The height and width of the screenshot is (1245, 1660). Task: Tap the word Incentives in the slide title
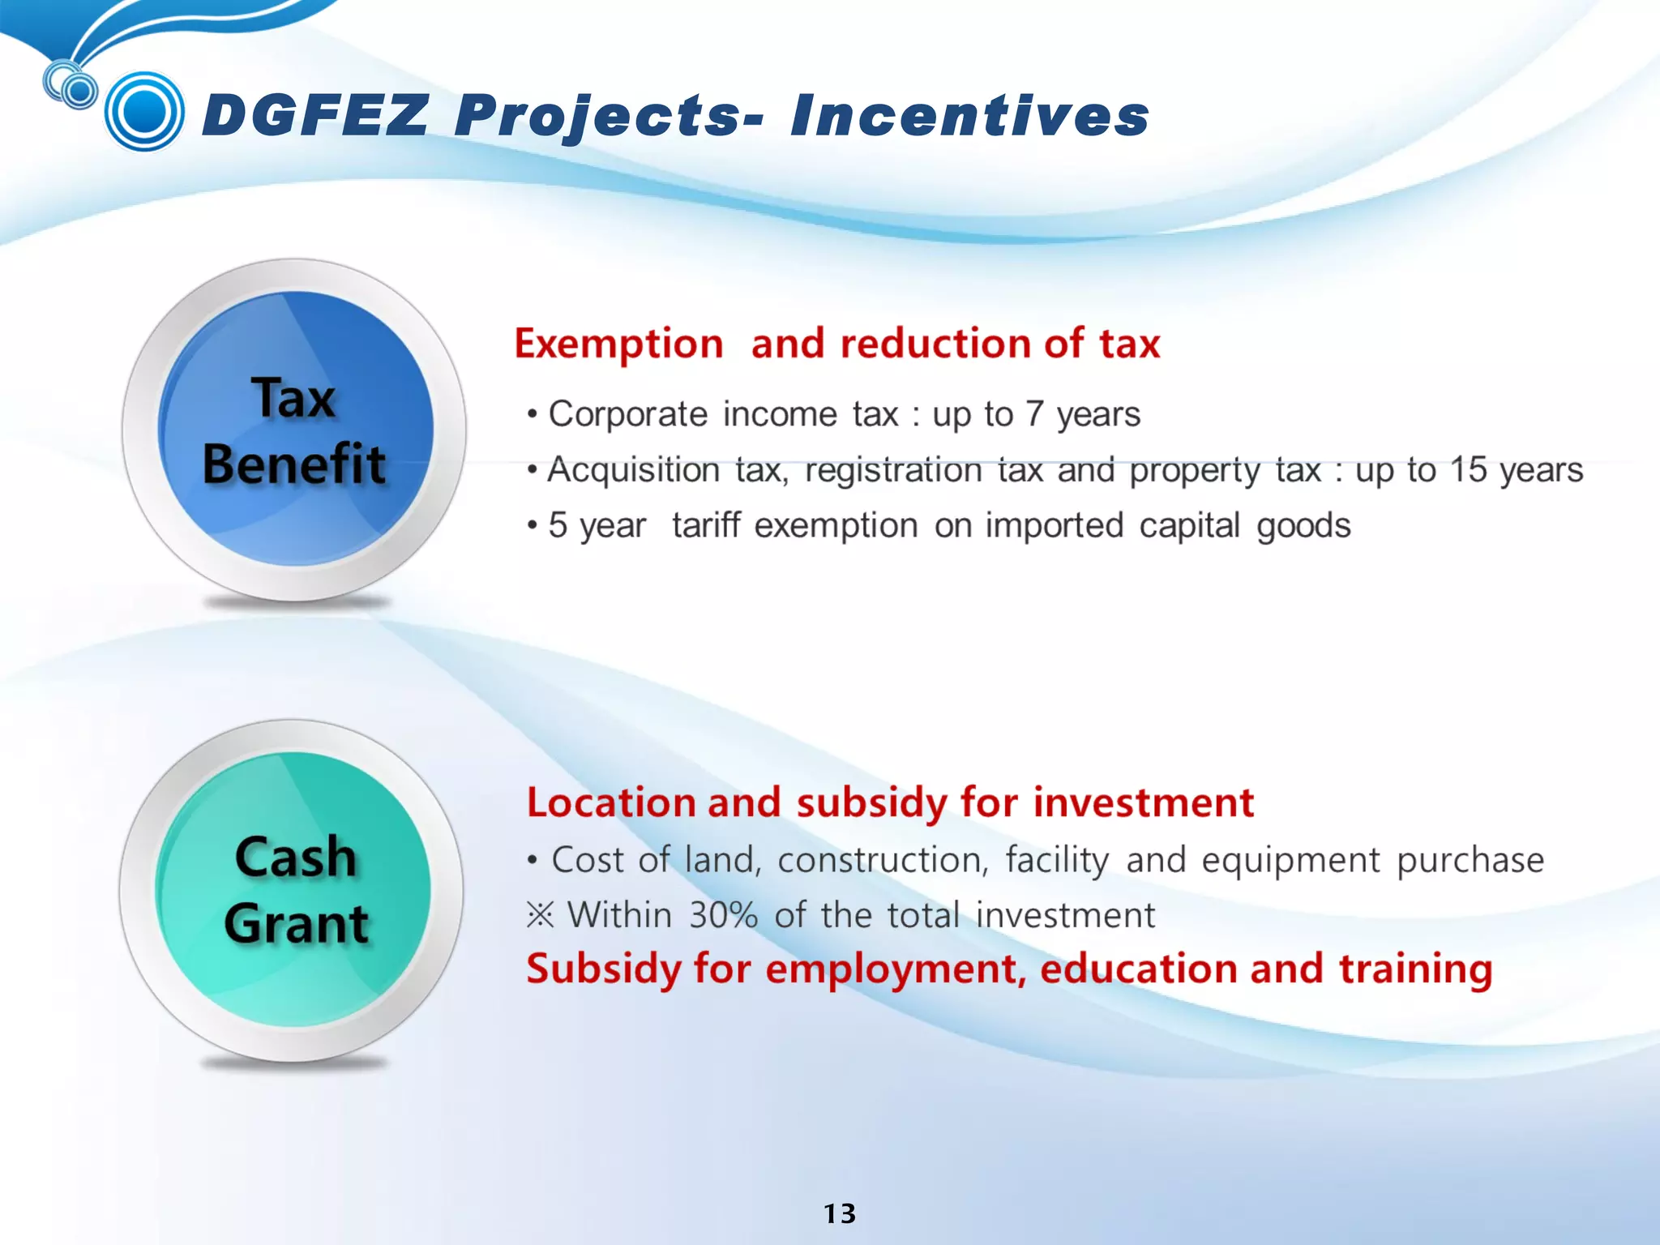click(970, 115)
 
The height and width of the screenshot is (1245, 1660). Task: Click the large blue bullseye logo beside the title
click(144, 111)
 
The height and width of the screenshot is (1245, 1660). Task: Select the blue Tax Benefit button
click(295, 430)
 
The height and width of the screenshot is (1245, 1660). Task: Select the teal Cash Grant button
click(293, 890)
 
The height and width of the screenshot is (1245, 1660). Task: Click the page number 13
click(840, 1213)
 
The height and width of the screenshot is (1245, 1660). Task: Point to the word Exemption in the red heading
click(618, 344)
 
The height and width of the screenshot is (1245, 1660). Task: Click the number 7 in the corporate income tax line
click(1033, 414)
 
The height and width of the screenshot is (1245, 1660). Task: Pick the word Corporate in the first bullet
click(628, 414)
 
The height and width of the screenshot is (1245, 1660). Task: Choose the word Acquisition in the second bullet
click(633, 470)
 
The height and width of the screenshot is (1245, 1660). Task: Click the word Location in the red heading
click(611, 802)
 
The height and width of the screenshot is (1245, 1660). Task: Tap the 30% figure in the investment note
click(723, 915)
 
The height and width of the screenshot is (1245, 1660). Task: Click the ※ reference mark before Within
click(540, 915)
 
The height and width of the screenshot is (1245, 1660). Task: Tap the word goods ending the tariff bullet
click(1303, 525)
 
